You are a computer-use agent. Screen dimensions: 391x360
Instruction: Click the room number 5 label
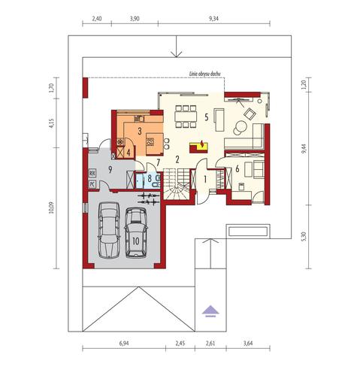[x=204, y=117]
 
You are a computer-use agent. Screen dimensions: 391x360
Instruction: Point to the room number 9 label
[x=110, y=169]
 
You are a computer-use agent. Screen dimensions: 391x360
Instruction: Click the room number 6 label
[x=237, y=169]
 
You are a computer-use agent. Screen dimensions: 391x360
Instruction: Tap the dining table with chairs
[x=184, y=116]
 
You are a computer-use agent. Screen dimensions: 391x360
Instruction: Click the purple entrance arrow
[x=210, y=308]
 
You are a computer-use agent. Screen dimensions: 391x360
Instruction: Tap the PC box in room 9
[x=92, y=183]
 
